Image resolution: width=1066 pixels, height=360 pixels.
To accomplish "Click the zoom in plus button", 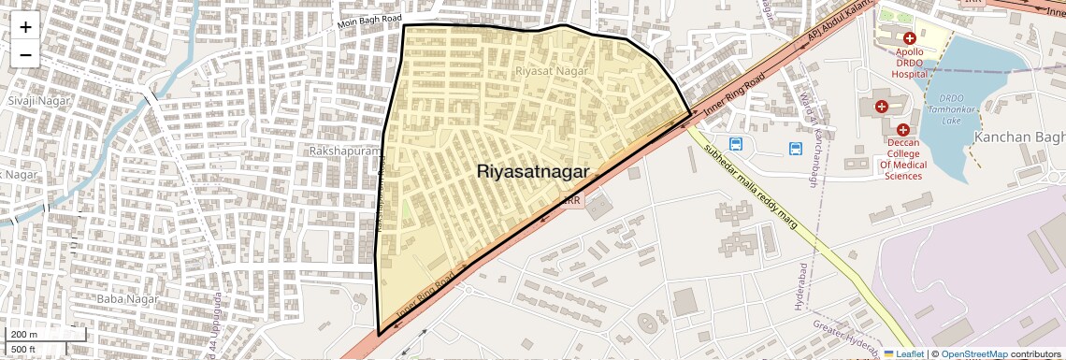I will pyautogui.click(x=25, y=26).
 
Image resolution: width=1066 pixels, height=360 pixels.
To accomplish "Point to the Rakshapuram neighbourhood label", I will pyautogui.click(x=340, y=150).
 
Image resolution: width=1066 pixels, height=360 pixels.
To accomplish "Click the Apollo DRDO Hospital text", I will pyautogui.click(x=909, y=62).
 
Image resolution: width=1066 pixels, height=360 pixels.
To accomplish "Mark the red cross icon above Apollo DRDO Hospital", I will pyautogui.click(x=909, y=36).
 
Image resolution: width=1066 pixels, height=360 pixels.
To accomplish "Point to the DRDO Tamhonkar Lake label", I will pyautogui.click(x=952, y=108).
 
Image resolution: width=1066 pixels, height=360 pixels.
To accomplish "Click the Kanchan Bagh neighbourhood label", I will pyautogui.click(x=1019, y=137).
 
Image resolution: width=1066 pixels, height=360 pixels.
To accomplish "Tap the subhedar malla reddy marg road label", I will pyautogui.click(x=752, y=187).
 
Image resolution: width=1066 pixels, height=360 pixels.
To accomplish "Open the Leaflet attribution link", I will pyautogui.click(x=904, y=353).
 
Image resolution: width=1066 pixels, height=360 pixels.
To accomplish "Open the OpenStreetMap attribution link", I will pyautogui.click(x=973, y=353).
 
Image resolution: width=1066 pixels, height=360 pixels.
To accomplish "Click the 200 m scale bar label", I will pyautogui.click(x=24, y=334).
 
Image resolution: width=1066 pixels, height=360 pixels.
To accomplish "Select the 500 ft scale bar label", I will pyautogui.click(x=24, y=350).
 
